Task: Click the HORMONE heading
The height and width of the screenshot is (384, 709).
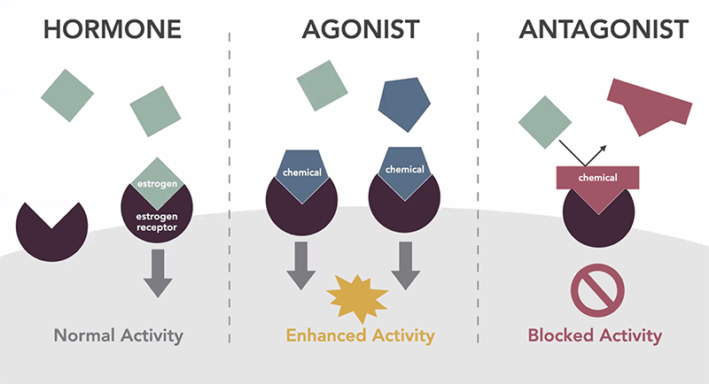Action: point(113,29)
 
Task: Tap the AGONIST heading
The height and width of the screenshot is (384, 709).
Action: point(361,29)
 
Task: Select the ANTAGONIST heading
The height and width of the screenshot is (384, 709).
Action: point(604,29)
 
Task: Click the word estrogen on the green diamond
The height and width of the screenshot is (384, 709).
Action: point(157,184)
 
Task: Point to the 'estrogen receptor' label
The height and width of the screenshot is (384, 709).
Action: point(157,222)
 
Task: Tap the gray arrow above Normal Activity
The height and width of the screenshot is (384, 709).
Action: point(158,273)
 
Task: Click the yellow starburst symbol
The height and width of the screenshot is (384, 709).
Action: point(357,299)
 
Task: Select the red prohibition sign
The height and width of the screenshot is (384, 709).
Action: point(597,290)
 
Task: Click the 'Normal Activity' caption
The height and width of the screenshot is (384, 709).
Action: point(119,335)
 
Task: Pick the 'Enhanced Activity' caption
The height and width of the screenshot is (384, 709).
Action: point(361,335)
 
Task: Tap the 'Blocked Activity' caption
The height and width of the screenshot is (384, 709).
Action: point(595,335)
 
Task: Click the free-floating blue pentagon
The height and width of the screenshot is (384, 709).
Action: point(404,104)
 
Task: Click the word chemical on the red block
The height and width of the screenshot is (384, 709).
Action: point(597,178)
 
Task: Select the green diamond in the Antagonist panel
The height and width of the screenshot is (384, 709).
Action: point(545,122)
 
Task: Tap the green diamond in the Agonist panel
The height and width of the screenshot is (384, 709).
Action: point(322,85)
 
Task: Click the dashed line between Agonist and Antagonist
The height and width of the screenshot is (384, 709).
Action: point(478,188)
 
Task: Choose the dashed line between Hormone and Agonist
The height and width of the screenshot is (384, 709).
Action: point(230,188)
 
